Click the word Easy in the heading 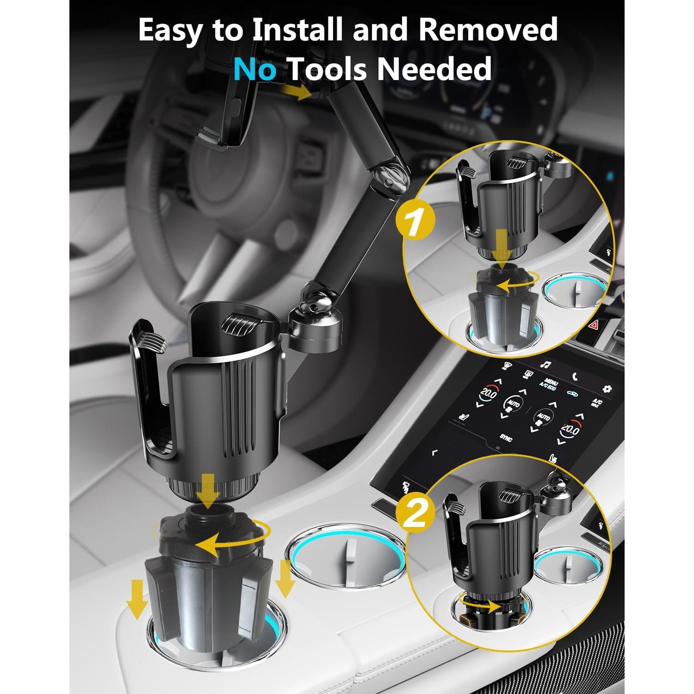170,31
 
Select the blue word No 255,68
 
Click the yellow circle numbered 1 415,223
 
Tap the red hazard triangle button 592,325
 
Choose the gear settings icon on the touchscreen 606,388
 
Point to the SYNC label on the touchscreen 506,438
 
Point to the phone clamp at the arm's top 227,111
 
